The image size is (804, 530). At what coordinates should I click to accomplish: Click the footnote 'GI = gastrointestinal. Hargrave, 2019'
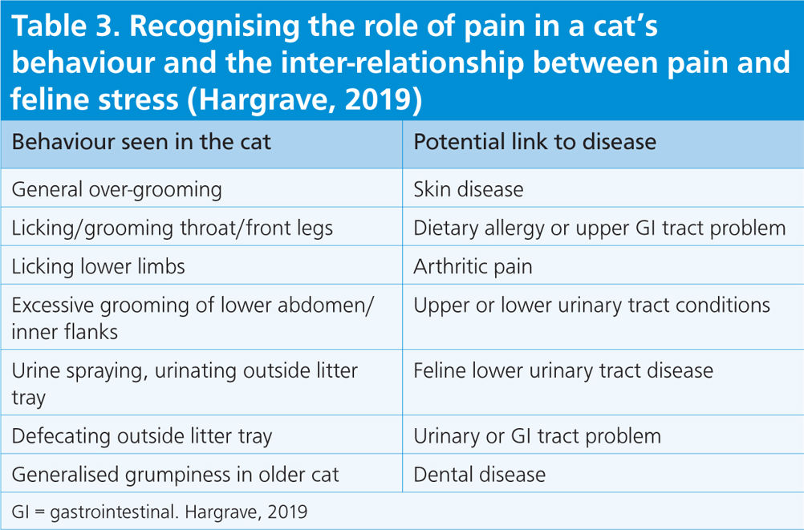[x=160, y=512]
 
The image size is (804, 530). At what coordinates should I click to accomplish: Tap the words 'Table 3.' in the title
[x=65, y=26]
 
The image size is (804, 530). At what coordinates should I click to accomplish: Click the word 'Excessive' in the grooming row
[x=52, y=305]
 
